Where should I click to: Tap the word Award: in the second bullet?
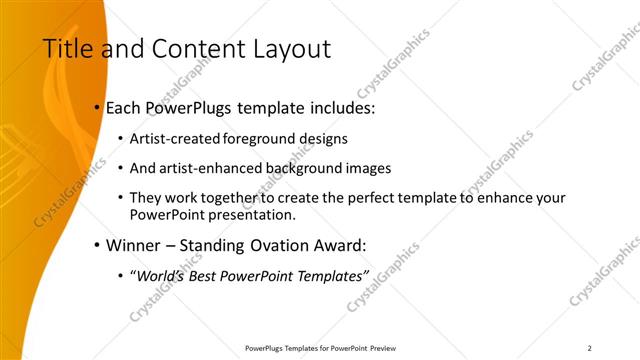tap(341, 244)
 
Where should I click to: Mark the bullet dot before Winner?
tap(96, 245)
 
